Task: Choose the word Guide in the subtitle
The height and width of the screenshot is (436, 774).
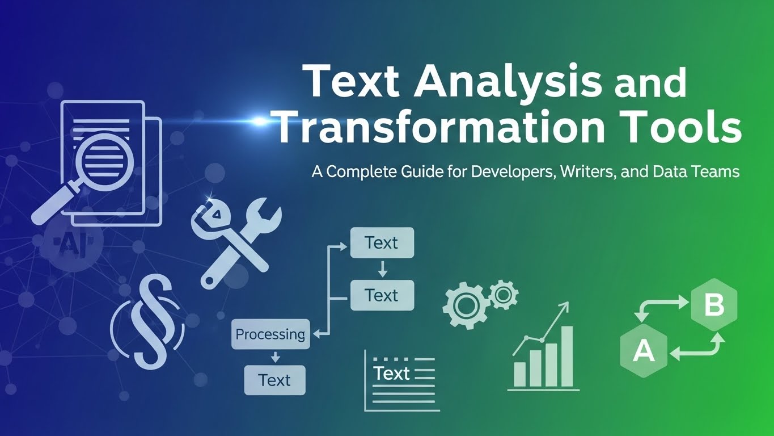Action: (x=401, y=172)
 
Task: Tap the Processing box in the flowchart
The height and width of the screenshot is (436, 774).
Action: (x=270, y=334)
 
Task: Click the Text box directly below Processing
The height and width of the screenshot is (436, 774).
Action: (x=274, y=380)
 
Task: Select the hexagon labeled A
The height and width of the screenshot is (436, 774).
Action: (x=643, y=351)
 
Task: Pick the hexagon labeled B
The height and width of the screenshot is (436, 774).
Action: (x=713, y=305)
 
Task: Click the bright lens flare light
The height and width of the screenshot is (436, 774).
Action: (x=259, y=121)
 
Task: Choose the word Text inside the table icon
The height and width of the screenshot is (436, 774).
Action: (x=391, y=374)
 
